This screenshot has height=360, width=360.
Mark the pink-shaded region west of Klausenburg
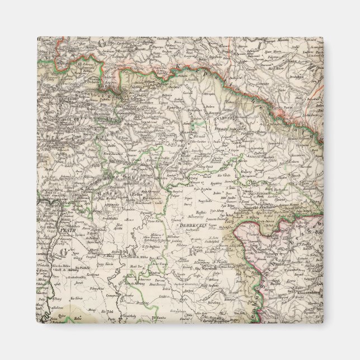pyautogui.click(x=263, y=240)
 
